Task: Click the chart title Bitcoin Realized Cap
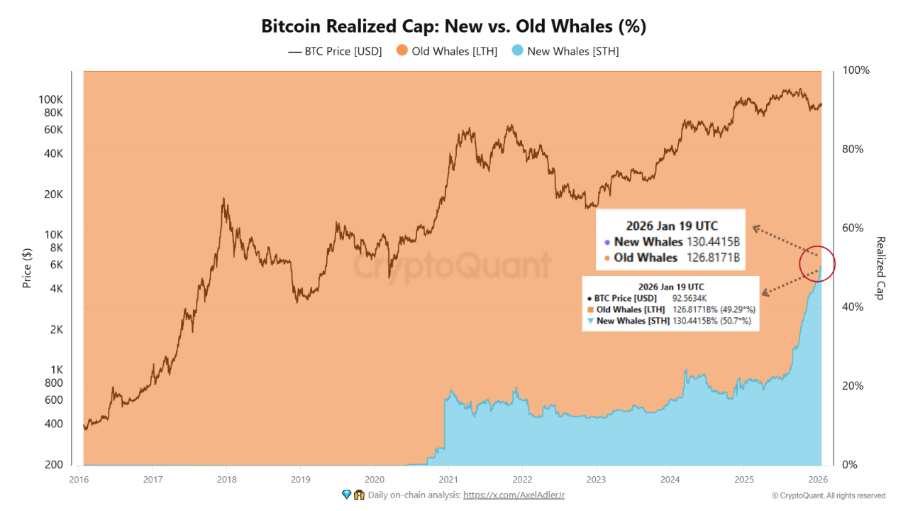click(453, 26)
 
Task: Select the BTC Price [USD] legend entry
click(335, 51)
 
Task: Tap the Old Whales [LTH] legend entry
click(447, 51)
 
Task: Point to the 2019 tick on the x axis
click(300, 478)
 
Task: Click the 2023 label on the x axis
click(596, 478)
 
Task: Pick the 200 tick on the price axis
click(55, 465)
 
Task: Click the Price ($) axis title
click(27, 268)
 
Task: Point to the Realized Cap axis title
click(880, 268)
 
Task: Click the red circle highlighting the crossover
click(817, 265)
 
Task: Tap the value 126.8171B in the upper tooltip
click(714, 258)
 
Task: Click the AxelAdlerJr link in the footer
click(514, 495)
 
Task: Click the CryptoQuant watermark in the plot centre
click(452, 266)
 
